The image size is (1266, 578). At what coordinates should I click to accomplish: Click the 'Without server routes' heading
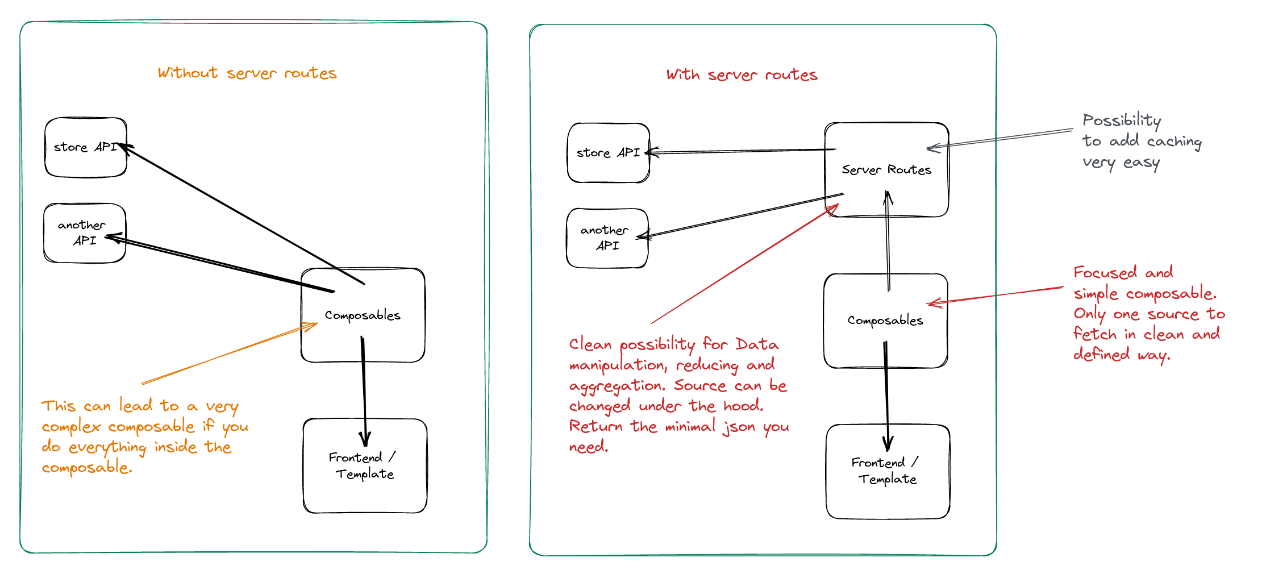coord(247,73)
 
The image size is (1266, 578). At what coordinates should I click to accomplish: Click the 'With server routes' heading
coord(742,75)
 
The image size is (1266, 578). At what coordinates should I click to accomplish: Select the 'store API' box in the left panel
coord(85,147)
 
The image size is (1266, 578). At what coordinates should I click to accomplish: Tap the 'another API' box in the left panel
coord(84,233)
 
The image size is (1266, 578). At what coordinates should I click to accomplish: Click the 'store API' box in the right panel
coord(608,153)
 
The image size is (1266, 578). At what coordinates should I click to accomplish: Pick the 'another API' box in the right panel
coord(607,238)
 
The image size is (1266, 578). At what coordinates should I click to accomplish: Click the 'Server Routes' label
coord(886,170)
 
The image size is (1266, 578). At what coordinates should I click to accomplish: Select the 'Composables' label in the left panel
coord(363,315)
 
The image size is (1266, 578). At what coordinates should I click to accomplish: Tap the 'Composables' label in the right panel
coord(885,321)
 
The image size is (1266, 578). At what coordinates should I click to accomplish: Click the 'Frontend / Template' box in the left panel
coord(365,466)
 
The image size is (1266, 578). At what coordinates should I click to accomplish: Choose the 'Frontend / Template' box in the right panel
coord(888,471)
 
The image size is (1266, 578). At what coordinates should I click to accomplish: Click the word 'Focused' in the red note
coord(1105,273)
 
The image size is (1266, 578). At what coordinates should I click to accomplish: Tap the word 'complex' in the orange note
coord(71,427)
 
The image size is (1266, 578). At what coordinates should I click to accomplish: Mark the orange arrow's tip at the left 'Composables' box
coord(316,324)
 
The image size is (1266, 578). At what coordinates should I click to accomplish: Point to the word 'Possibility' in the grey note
coord(1122,120)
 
